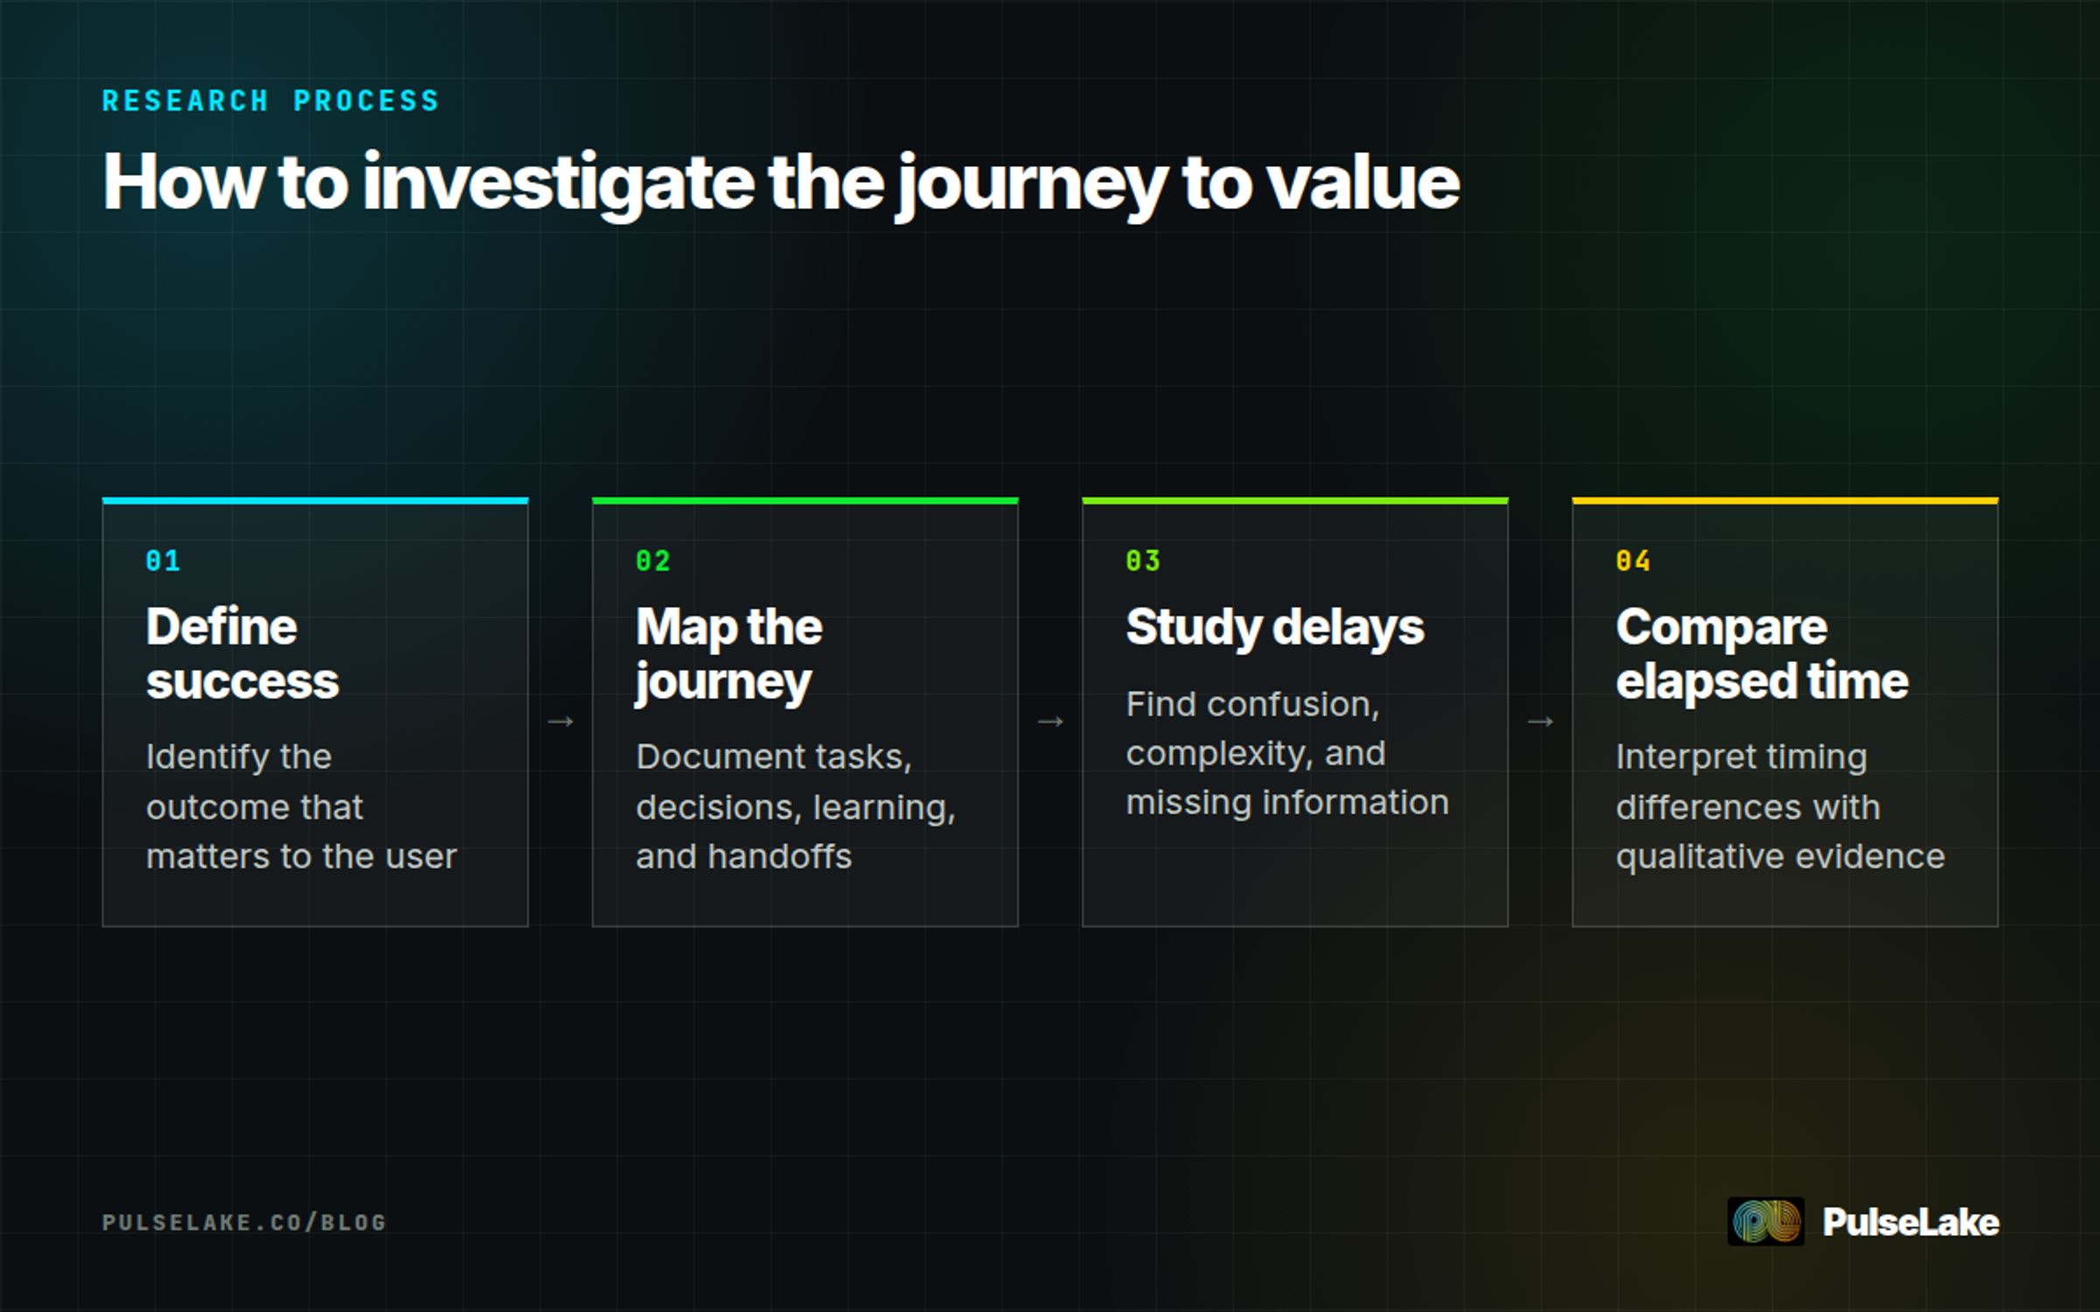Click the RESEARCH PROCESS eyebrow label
[x=270, y=101]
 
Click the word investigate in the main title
[x=558, y=184]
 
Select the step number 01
[x=163, y=561]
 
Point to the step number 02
[x=653, y=561]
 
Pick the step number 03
[x=1143, y=561]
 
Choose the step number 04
[x=1633, y=561]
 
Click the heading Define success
[x=242, y=653]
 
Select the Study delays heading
[x=1275, y=629]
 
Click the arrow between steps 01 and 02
[x=560, y=722]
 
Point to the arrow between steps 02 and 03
[x=1050, y=722]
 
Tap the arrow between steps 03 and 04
[x=1540, y=722]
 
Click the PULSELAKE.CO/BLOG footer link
[x=244, y=1222]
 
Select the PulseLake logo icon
[x=1766, y=1221]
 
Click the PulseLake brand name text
[x=1911, y=1222]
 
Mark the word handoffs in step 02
[x=780, y=856]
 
